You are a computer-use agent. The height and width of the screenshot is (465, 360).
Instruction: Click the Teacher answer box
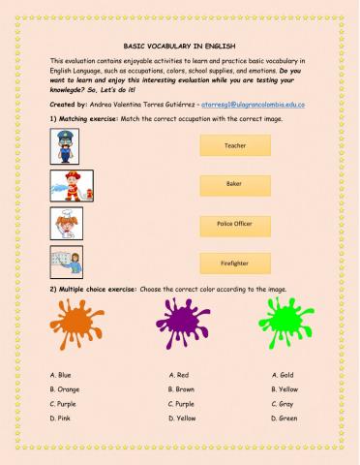pyautogui.click(x=234, y=145)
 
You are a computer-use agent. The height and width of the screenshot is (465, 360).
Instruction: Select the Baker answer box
pyautogui.click(x=234, y=184)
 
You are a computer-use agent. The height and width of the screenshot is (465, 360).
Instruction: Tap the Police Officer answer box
pyautogui.click(x=234, y=223)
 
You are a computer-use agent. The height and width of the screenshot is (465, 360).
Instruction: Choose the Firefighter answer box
pyautogui.click(x=234, y=262)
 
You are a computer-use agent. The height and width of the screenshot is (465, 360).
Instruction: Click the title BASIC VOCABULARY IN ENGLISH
pyautogui.click(x=179, y=46)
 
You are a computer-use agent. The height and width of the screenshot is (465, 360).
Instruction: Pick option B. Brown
pyautogui.click(x=182, y=388)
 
